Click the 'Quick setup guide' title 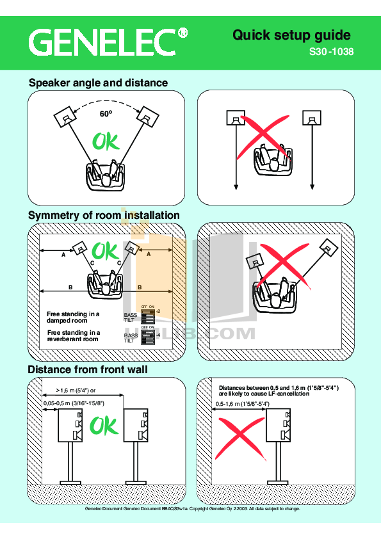[291, 35]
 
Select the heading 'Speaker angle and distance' [98, 83]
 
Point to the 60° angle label [106, 114]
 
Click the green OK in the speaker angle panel [106, 141]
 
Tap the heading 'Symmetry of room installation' [104, 215]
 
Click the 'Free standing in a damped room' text [73, 317]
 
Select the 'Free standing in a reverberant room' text [73, 336]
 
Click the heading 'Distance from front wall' [88, 369]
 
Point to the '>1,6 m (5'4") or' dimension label [76, 390]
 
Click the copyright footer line [192, 509]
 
